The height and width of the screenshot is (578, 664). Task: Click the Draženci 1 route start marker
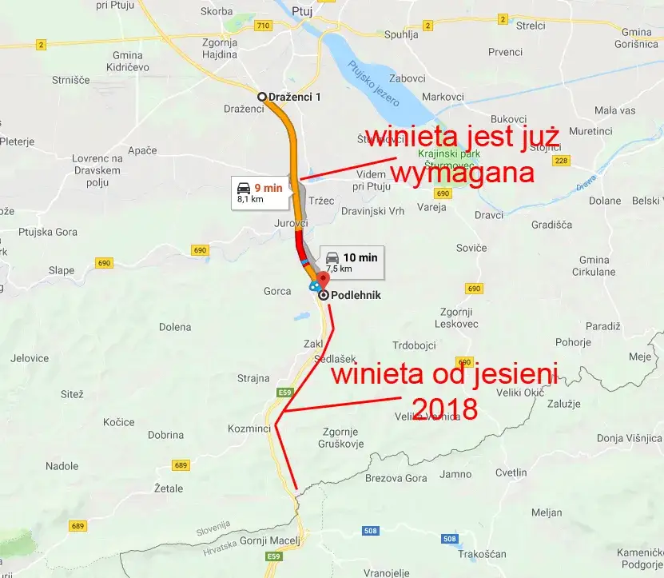coord(261,97)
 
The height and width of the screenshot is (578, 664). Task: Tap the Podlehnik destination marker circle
coord(324,295)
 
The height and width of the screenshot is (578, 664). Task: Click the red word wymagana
coord(462,173)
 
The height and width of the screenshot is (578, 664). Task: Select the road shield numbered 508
coord(370,530)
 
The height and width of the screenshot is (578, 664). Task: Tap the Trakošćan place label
coord(483,554)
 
